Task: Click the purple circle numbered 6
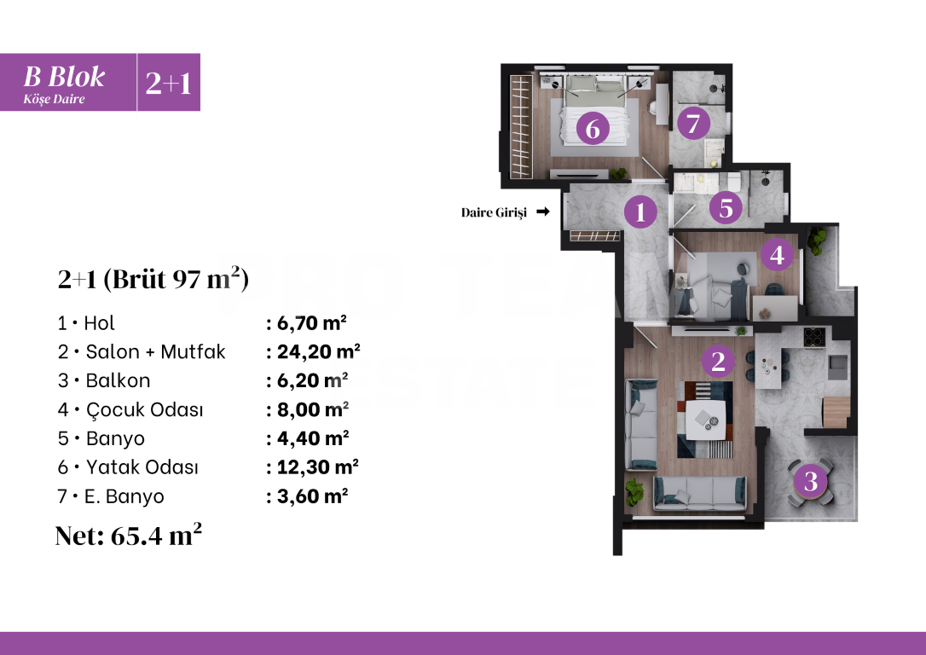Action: point(593,130)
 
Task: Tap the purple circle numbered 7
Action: point(693,124)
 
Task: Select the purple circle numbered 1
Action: point(640,211)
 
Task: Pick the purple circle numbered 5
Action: point(726,207)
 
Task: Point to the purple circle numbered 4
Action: point(776,254)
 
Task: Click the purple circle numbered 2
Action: point(718,362)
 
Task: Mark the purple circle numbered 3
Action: point(811,482)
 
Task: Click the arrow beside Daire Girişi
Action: point(541,212)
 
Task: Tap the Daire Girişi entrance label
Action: point(495,212)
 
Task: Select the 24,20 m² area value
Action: point(313,351)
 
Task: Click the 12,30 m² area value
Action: point(312,467)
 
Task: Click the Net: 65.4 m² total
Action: point(129,535)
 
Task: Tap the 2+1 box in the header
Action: point(168,83)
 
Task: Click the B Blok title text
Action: point(64,77)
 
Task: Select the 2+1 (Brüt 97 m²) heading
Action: point(153,279)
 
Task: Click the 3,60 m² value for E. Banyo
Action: point(307,496)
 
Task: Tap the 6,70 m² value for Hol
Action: point(307,322)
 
